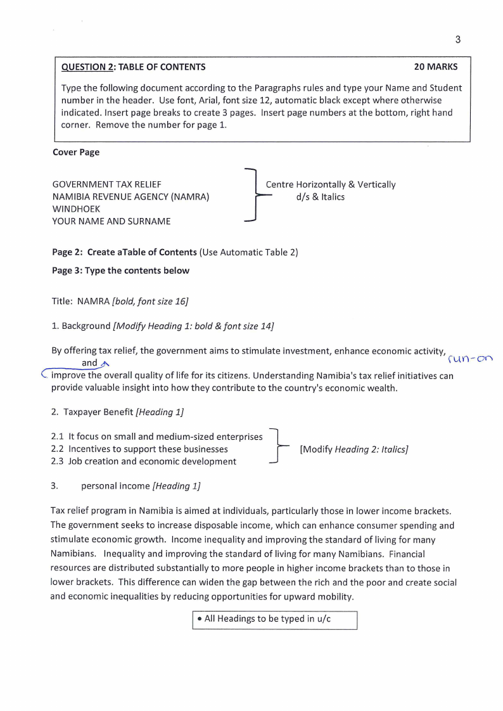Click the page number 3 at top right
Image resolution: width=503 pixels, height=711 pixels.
pos(457,39)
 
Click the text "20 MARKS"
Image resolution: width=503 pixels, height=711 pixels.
pos(435,67)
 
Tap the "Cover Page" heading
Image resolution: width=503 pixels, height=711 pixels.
pos(75,152)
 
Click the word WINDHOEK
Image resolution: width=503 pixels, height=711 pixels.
pos(76,209)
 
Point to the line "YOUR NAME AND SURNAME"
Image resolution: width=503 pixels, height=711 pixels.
pos(111,221)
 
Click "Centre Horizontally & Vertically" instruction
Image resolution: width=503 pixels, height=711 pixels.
pos(330,184)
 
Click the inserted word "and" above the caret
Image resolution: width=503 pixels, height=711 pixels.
pos(90,363)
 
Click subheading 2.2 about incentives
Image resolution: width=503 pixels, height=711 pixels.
pos(139,449)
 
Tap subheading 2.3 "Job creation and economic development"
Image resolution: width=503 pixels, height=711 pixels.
pos(143,461)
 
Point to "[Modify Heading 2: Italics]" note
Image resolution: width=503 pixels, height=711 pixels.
pos(353,449)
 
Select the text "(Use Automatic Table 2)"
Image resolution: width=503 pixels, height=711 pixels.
pos(248,252)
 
